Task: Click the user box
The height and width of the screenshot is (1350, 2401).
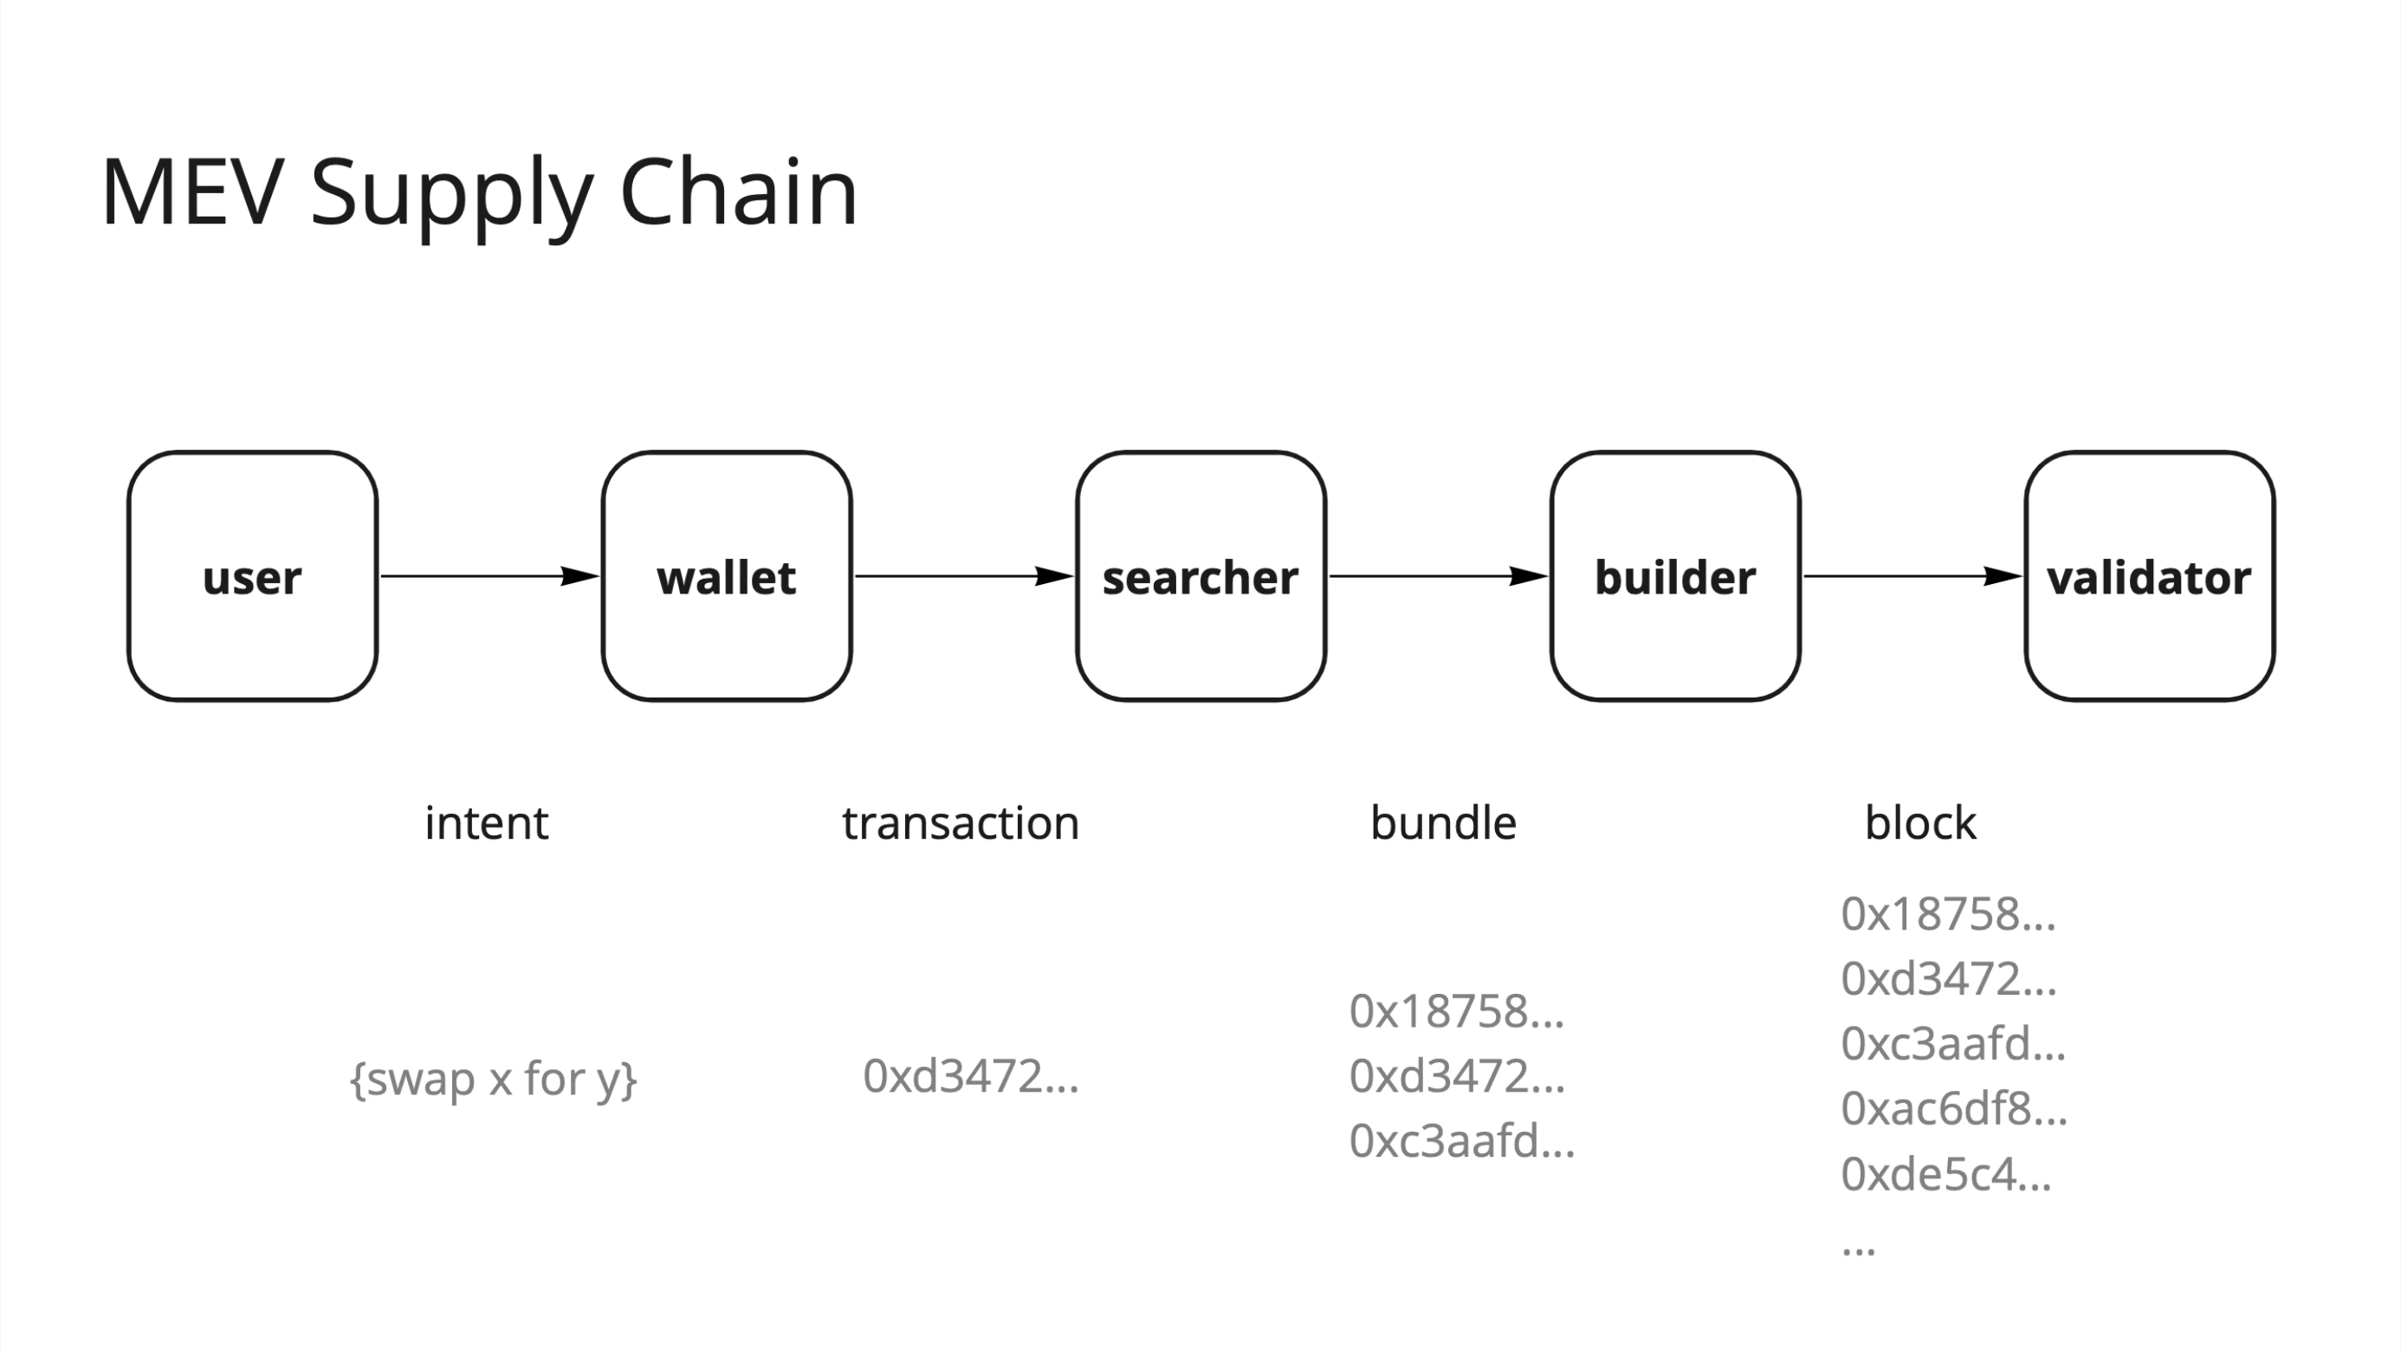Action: pos(253,576)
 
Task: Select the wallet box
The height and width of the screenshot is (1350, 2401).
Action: pos(726,576)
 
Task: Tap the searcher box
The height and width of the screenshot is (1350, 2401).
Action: pos(1200,576)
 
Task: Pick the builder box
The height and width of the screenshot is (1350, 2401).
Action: pos(1675,576)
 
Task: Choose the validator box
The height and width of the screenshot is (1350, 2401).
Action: pos(2149,576)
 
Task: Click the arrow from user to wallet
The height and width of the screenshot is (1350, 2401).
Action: pos(489,576)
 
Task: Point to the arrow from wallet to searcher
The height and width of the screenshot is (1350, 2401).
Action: pos(964,576)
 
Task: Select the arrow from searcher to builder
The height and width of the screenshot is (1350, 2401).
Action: pos(1438,576)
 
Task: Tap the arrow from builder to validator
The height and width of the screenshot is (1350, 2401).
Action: pos(1912,576)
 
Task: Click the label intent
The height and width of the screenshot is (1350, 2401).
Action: pos(486,823)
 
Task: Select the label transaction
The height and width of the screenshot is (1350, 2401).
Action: pos(960,823)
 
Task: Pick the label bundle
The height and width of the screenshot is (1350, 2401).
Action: pos(1443,823)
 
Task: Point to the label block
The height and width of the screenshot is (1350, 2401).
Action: pos(1920,823)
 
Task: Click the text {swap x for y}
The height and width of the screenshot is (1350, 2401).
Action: pos(493,1080)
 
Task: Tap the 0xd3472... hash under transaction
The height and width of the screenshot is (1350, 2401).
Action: pos(970,1076)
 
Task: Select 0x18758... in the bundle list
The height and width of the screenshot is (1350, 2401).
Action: pos(1456,1011)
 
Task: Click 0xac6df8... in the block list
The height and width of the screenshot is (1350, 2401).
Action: pos(1953,1108)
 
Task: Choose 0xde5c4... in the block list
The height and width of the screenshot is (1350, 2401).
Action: pos(1946,1174)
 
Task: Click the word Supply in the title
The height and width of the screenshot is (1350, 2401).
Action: pos(451,193)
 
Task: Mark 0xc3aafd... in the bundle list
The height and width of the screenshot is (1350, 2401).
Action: pos(1461,1141)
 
